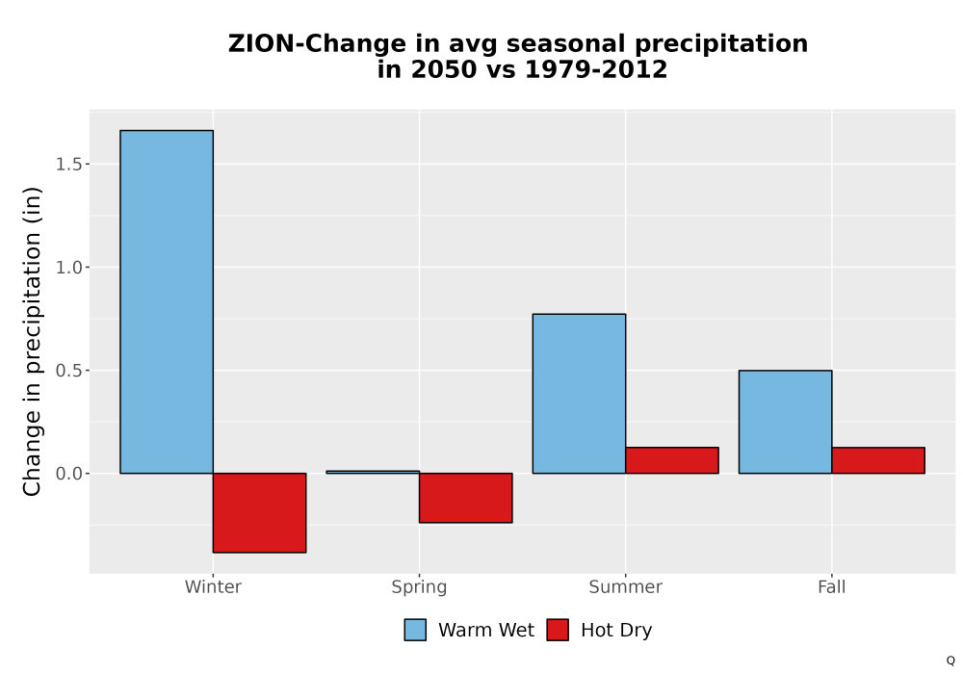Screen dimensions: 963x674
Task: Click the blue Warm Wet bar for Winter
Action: coord(167,301)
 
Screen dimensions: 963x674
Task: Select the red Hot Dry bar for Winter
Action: coord(259,512)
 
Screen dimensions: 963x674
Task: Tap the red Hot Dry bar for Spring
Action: coord(465,498)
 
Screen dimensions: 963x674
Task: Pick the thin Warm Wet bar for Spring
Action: coord(373,472)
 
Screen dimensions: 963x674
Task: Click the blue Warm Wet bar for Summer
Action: coord(579,394)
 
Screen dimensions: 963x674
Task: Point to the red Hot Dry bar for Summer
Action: coord(672,460)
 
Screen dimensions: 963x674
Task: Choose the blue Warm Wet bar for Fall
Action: coord(785,422)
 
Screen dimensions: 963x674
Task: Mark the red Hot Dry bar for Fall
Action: coord(878,460)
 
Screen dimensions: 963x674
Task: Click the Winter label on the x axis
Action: coord(213,586)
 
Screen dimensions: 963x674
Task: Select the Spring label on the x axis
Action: coord(420,587)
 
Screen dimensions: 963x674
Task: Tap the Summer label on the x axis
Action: coord(626,586)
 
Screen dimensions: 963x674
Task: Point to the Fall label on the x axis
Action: coord(832,586)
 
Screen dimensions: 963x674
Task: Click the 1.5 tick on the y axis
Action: coord(68,164)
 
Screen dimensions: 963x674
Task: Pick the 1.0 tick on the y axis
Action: coord(68,267)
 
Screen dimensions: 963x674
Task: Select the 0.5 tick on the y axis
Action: coord(68,370)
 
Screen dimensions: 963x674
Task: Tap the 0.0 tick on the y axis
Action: coord(68,474)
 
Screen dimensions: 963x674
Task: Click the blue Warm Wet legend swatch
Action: coord(415,630)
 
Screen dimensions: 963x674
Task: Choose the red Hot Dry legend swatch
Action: coord(558,630)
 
